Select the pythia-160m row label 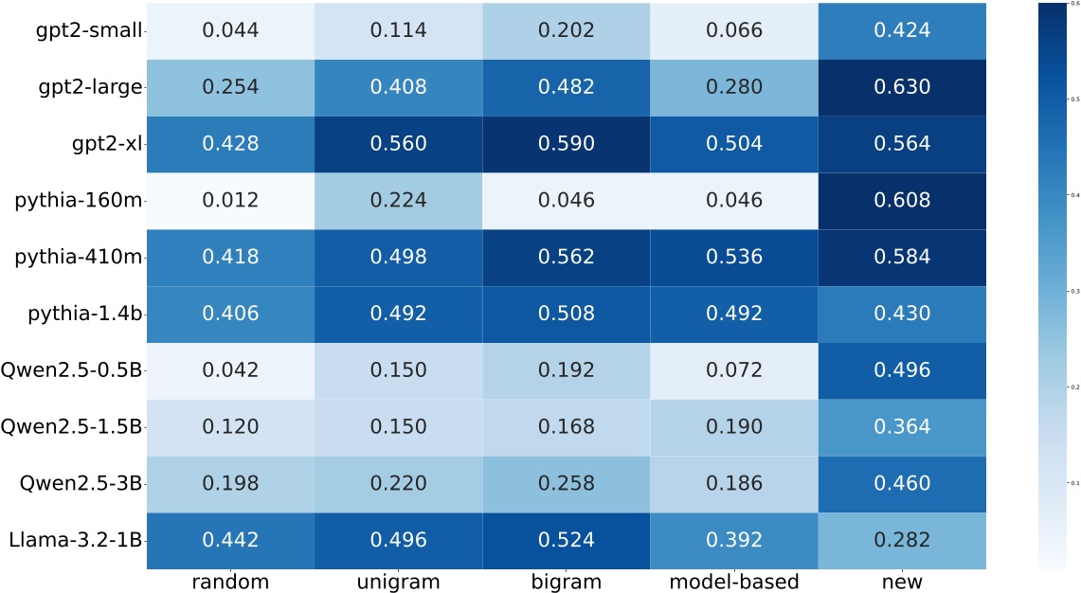(78, 200)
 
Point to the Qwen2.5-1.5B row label (75, 426)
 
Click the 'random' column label (229, 581)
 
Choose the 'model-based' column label (733, 581)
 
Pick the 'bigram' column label (566, 581)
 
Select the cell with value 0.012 (229, 200)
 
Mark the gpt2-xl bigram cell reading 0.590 (566, 143)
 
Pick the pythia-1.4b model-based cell (733, 314)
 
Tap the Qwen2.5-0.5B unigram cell (397, 369)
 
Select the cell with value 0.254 (229, 87)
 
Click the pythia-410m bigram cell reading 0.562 (566, 257)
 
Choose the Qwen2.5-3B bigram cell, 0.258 (566, 483)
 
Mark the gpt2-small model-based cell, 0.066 (733, 30)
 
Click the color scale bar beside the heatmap (1051, 284)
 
